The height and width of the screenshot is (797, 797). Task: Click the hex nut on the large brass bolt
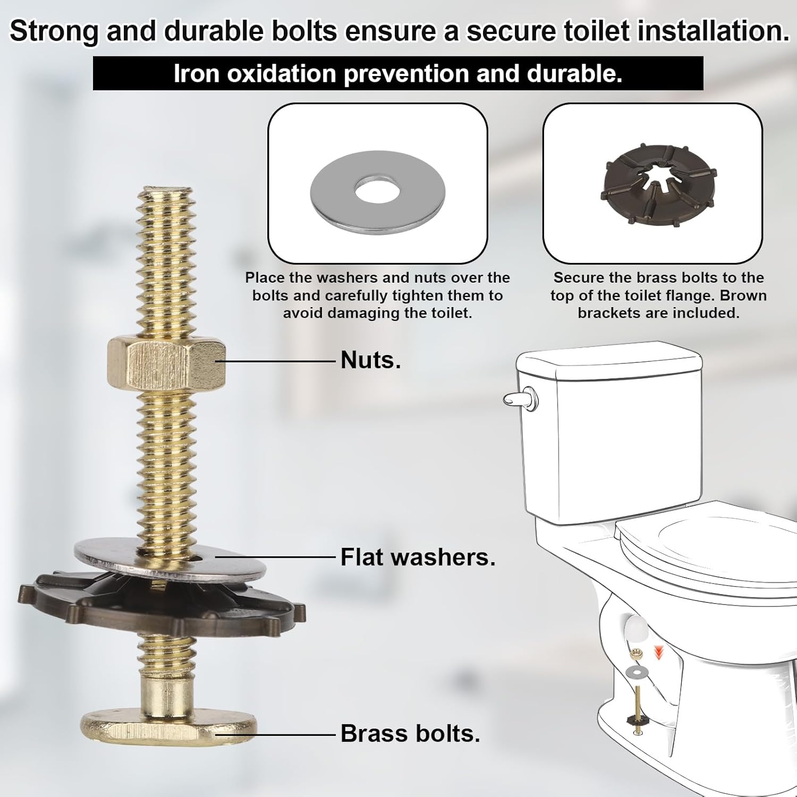[x=166, y=363]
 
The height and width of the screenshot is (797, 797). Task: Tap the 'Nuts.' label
[x=370, y=360]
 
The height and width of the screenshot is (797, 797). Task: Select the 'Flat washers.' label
[x=418, y=557]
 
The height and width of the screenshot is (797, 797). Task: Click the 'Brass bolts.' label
[x=410, y=734]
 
